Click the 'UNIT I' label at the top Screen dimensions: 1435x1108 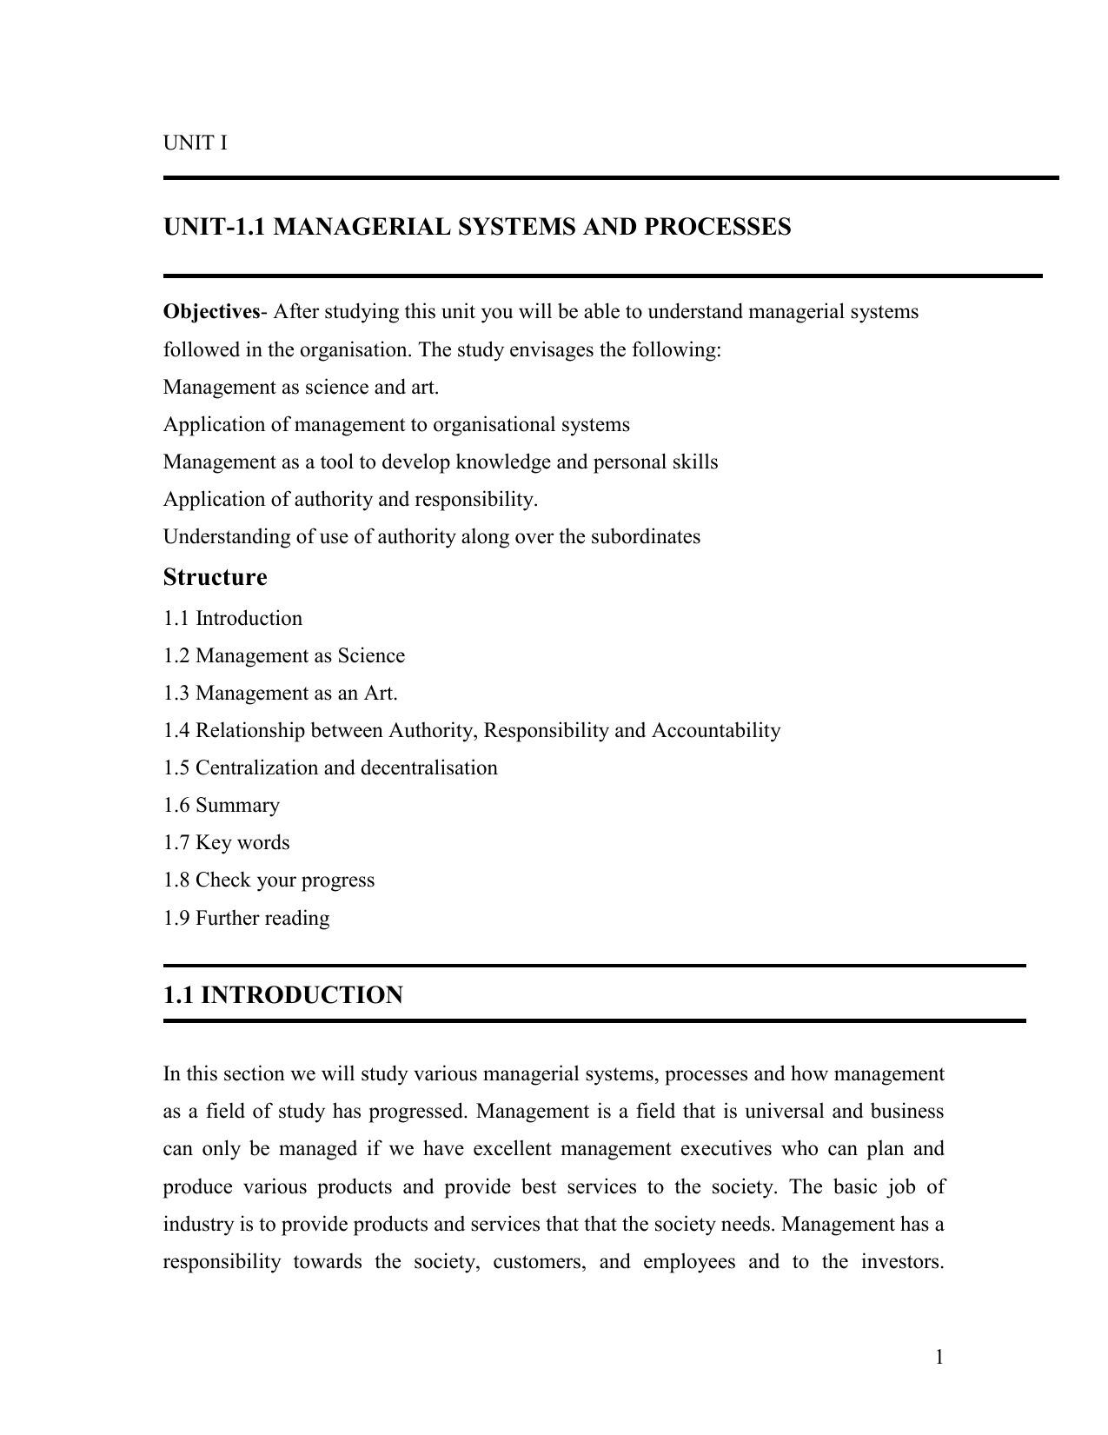(x=196, y=143)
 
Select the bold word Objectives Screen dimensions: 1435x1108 (x=211, y=312)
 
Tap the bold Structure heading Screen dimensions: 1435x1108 (x=215, y=578)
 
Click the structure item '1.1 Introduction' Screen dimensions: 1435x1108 (x=233, y=619)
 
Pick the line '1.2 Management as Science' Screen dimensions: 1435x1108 (x=283, y=656)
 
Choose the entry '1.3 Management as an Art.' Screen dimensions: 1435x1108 (x=280, y=694)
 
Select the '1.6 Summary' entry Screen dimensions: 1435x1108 (x=222, y=806)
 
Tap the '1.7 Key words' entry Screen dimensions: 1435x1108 (x=226, y=843)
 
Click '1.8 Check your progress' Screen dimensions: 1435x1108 (x=269, y=880)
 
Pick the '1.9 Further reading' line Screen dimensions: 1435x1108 (x=246, y=919)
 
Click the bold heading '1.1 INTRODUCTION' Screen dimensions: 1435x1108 (x=282, y=996)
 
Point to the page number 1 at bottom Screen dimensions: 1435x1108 (x=939, y=1358)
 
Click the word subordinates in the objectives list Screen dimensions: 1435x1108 (x=645, y=537)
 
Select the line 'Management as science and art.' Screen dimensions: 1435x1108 (x=301, y=388)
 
